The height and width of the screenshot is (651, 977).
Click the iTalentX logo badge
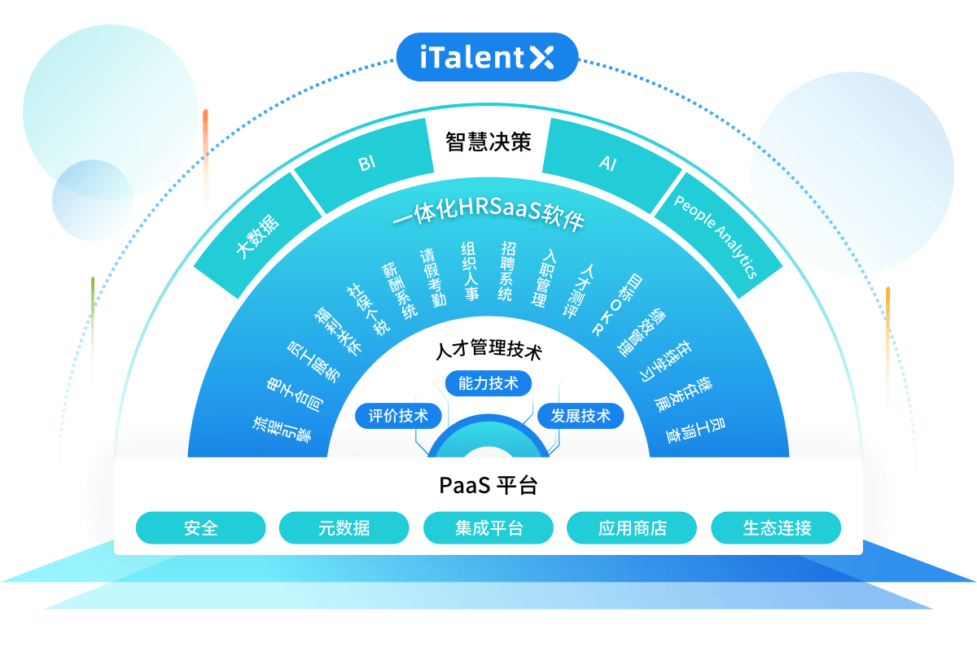[487, 57]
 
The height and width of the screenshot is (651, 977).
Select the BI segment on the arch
[366, 164]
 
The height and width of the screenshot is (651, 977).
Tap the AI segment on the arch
[608, 164]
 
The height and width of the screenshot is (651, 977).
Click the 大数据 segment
[256, 236]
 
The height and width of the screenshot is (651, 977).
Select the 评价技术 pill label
[398, 416]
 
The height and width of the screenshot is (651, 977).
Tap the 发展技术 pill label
[581, 416]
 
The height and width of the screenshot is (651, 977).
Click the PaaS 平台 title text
[488, 486]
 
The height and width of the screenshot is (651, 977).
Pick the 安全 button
[201, 528]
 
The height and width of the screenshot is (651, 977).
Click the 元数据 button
[344, 528]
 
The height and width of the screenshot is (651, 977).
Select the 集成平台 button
[488, 528]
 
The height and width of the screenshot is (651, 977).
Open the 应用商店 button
[632, 528]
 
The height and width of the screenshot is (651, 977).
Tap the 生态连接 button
[777, 528]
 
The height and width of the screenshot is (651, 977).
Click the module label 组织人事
[470, 272]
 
